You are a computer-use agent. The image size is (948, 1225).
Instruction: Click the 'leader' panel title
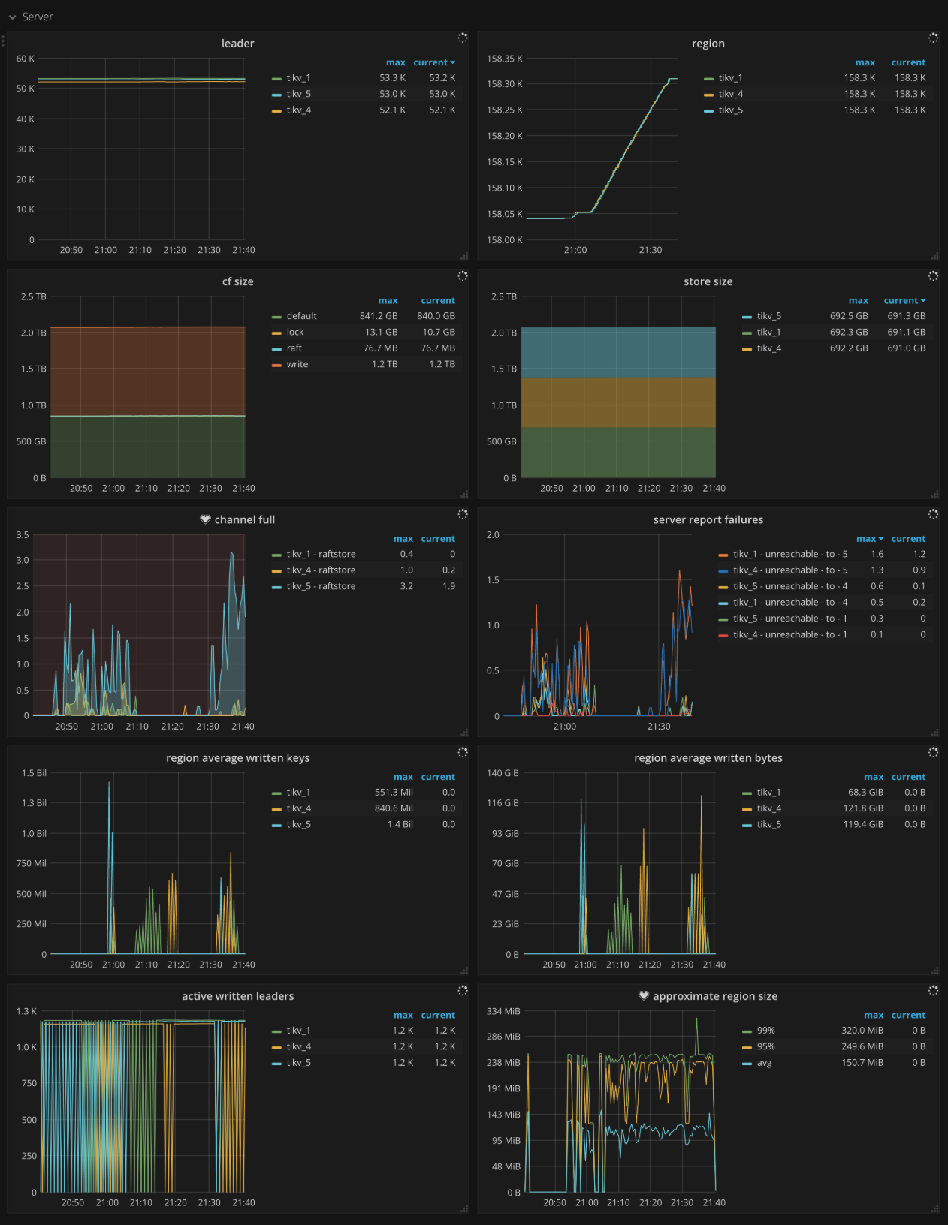pyautogui.click(x=237, y=44)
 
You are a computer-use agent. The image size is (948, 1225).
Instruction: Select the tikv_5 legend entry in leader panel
pyautogui.click(x=298, y=94)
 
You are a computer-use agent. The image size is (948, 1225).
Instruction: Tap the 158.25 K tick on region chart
pyautogui.click(x=504, y=110)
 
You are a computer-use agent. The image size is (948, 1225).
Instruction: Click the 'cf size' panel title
pyautogui.click(x=237, y=281)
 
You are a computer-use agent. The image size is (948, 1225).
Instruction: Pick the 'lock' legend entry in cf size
pyautogui.click(x=294, y=332)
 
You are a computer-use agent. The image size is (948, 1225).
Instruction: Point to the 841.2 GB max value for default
pyautogui.click(x=378, y=316)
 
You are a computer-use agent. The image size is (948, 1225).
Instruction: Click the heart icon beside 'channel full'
pyautogui.click(x=205, y=519)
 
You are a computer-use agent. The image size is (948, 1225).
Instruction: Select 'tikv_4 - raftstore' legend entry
pyautogui.click(x=321, y=570)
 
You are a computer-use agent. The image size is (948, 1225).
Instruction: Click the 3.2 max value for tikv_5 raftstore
pyautogui.click(x=406, y=586)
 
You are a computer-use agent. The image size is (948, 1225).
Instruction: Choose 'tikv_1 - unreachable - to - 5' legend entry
pyautogui.click(x=789, y=554)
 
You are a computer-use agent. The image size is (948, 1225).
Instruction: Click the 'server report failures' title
pyautogui.click(x=708, y=519)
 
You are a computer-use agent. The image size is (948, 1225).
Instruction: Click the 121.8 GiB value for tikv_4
pyautogui.click(x=862, y=808)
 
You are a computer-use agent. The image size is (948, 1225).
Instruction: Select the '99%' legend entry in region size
pyautogui.click(x=765, y=1031)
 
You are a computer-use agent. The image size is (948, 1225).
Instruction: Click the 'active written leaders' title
pyautogui.click(x=237, y=996)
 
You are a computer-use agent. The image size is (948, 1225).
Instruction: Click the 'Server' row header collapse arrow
pyautogui.click(x=13, y=17)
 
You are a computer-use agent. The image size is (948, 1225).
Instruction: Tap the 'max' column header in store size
pyautogui.click(x=858, y=300)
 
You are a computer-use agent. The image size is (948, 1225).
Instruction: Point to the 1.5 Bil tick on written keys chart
pyautogui.click(x=34, y=773)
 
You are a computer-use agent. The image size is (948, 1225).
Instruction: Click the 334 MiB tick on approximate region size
pyautogui.click(x=503, y=1011)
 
